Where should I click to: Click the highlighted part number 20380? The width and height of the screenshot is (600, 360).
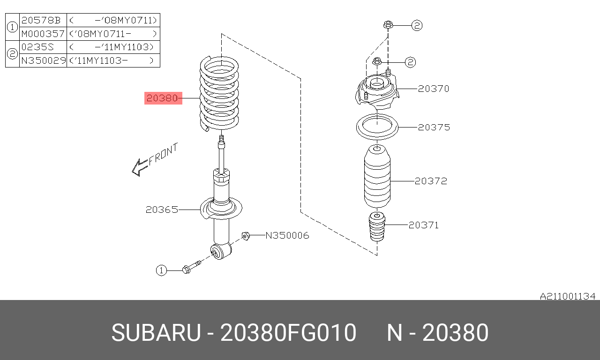click(x=163, y=98)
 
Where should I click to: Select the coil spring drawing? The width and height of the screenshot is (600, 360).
click(x=219, y=94)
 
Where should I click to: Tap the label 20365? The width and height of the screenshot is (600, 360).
click(x=162, y=210)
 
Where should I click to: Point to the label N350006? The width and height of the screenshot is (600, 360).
click(x=287, y=235)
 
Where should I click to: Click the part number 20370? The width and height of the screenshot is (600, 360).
click(x=434, y=88)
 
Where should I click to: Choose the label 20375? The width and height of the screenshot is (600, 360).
click(x=434, y=127)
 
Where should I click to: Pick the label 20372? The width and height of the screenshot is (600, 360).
click(x=431, y=180)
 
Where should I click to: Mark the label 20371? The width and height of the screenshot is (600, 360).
click(x=423, y=225)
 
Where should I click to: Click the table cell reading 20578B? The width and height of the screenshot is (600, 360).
click(x=41, y=20)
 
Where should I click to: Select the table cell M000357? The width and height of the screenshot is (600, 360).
click(x=43, y=34)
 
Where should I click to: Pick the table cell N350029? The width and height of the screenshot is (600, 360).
click(x=43, y=60)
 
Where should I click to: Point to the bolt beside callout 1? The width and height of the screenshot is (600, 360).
click(x=190, y=268)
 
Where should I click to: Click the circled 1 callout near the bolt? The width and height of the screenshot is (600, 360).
click(x=161, y=270)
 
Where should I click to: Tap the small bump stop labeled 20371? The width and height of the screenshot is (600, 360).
click(x=377, y=227)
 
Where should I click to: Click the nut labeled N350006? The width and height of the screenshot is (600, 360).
click(x=245, y=235)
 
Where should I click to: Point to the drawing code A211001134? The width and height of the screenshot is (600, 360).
click(x=567, y=296)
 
